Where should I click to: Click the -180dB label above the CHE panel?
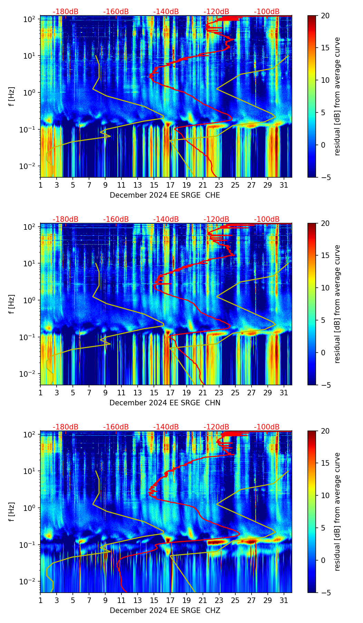click(66, 12)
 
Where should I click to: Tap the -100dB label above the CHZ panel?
click(267, 427)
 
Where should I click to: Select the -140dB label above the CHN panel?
click(166, 219)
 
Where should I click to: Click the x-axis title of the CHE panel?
click(165, 195)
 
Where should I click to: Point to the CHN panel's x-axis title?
click(165, 403)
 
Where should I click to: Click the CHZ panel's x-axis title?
click(165, 611)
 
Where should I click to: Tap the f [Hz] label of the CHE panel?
click(12, 97)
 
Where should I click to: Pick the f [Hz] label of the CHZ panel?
click(12, 512)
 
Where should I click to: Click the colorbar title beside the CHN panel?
click(337, 304)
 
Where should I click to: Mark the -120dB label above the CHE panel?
click(216, 12)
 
